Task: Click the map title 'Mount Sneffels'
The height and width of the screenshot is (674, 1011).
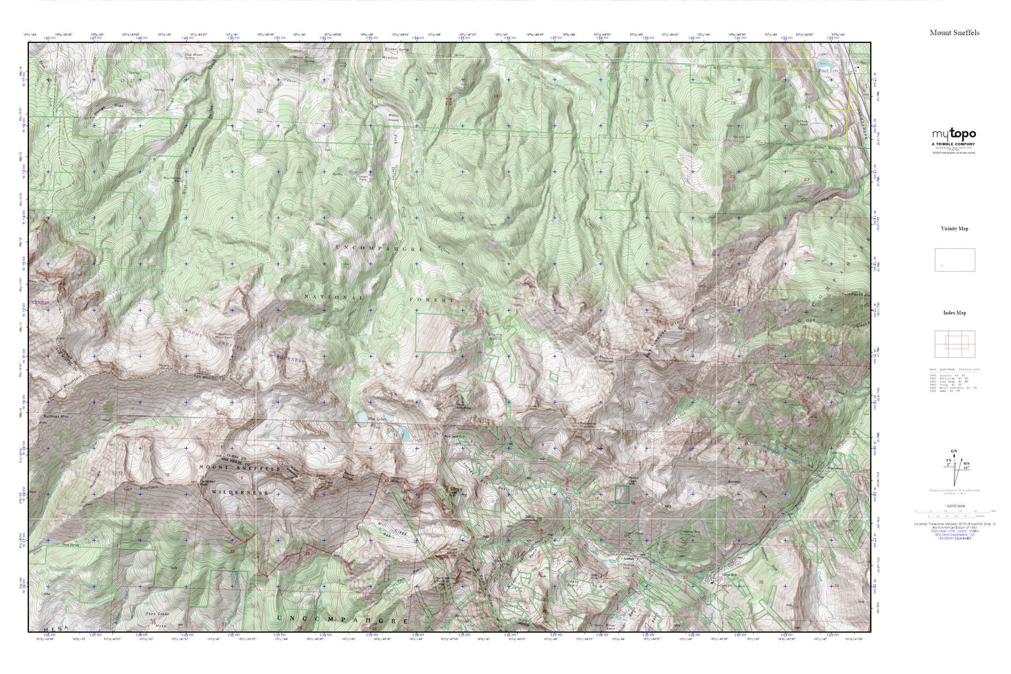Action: click(x=954, y=32)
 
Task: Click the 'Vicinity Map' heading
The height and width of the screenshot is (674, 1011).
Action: click(x=954, y=228)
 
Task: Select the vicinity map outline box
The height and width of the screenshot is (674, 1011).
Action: click(x=954, y=259)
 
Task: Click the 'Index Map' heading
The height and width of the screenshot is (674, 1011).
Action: click(x=954, y=313)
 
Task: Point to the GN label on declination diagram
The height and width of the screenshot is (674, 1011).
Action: click(x=953, y=451)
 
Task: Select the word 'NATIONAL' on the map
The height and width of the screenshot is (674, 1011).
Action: click(x=334, y=297)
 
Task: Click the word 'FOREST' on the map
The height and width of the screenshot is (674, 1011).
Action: click(x=432, y=298)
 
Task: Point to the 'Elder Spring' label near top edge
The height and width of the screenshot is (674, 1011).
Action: click(x=375, y=50)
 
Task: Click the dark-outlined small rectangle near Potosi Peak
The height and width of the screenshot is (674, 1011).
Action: click(x=621, y=495)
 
